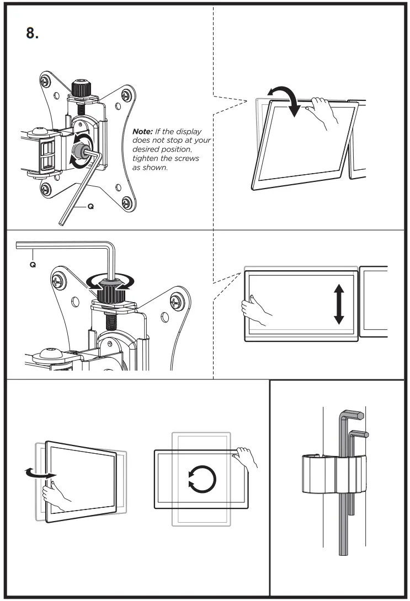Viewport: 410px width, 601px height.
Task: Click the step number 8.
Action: click(x=32, y=33)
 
